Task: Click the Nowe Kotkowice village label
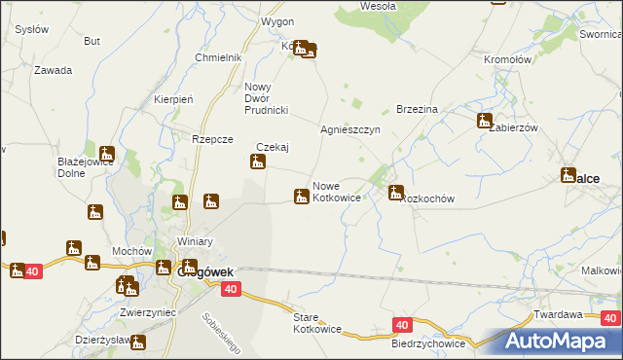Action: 337,191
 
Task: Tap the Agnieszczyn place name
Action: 349,129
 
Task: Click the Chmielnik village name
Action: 217,57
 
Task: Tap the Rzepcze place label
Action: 212,139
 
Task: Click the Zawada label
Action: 54,70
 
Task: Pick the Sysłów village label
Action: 32,30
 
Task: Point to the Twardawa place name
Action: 558,314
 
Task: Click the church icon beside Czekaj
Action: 258,161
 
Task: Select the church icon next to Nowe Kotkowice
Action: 302,197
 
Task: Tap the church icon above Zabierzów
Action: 485,121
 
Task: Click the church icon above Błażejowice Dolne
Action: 106,154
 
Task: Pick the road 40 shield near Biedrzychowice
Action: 402,324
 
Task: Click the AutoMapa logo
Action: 559,341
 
